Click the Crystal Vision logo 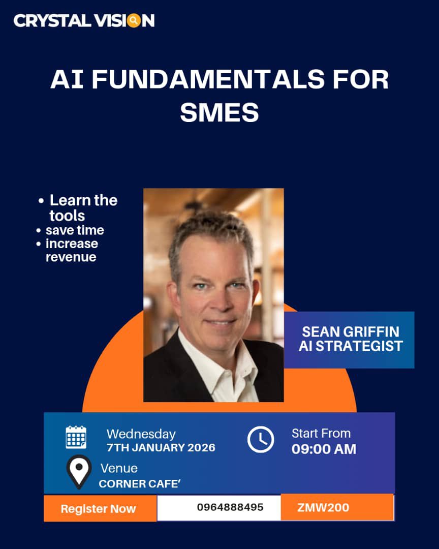coord(84,21)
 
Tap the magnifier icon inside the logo coord(134,21)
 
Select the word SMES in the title coord(219,112)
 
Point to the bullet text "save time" coord(75,230)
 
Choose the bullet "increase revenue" coord(71,250)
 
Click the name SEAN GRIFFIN coord(351,332)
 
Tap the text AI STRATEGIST coord(351,346)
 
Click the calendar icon coord(76,437)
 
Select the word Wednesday coord(141,434)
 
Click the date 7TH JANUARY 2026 coord(161,448)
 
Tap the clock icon coord(261,440)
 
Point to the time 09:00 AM coord(324,449)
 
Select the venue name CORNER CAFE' coord(140,483)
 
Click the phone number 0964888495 coord(230,507)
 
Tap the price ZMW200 coord(323,507)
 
